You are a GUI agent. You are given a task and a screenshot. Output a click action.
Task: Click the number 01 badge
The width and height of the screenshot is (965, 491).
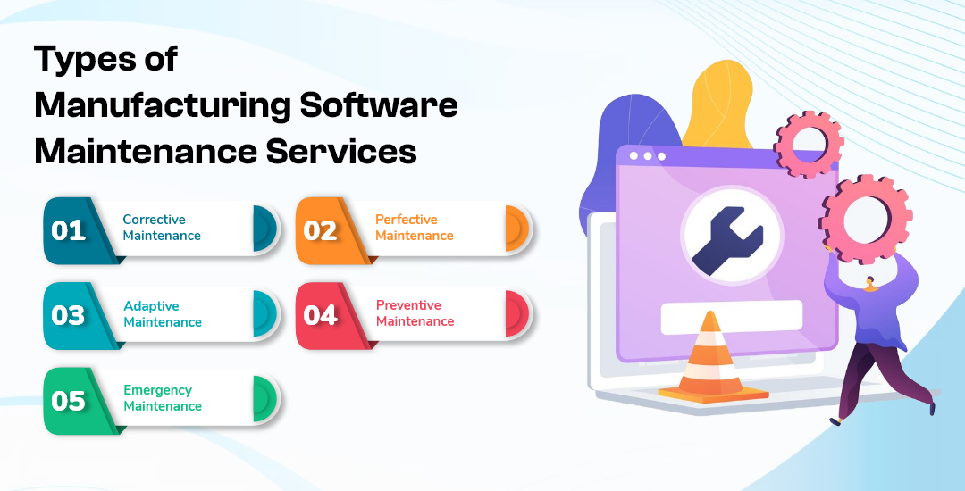pos(69,230)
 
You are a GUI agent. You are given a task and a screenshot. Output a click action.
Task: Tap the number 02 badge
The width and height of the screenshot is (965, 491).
pos(320,230)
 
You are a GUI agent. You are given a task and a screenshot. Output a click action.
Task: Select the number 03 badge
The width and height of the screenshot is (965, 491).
pos(69,315)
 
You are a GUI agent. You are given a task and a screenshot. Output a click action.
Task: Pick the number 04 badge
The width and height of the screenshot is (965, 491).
pos(320,315)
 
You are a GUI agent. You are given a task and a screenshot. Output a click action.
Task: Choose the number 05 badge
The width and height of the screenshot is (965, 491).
pos(69,401)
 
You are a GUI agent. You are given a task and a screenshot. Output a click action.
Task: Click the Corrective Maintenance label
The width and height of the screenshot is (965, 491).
pos(162,228)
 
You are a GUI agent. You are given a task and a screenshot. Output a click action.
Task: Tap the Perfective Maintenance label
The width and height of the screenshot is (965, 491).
pos(414,228)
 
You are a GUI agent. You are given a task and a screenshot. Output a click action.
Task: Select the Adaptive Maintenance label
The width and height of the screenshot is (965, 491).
pos(162,313)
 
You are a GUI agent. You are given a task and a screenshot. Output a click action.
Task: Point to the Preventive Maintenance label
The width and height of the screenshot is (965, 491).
pos(414,312)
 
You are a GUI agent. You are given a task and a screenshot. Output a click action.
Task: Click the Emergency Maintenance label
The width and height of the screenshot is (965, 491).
pos(162,398)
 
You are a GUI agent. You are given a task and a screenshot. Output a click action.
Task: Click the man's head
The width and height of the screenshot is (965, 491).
pos(870,283)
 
